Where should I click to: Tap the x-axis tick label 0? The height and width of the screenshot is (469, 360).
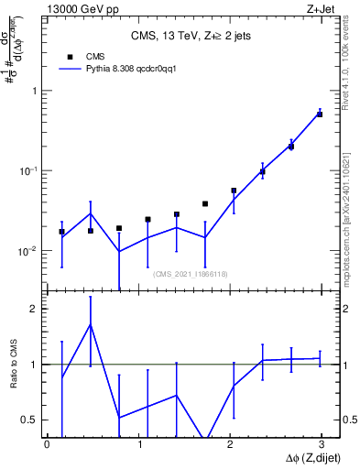click(47, 445)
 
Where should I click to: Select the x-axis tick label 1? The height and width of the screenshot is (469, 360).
click(138, 445)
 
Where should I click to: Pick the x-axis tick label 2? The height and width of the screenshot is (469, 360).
click(229, 445)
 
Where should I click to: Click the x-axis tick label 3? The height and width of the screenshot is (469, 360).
click(320, 445)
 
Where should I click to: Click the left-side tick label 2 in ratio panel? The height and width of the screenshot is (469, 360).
click(32, 309)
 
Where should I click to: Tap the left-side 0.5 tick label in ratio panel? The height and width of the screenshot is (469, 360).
click(28, 420)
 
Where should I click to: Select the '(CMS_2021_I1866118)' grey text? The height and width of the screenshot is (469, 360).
click(189, 274)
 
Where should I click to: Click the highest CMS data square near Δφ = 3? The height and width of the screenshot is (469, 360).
click(320, 115)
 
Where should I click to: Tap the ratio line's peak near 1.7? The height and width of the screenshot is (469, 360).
click(90, 324)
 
